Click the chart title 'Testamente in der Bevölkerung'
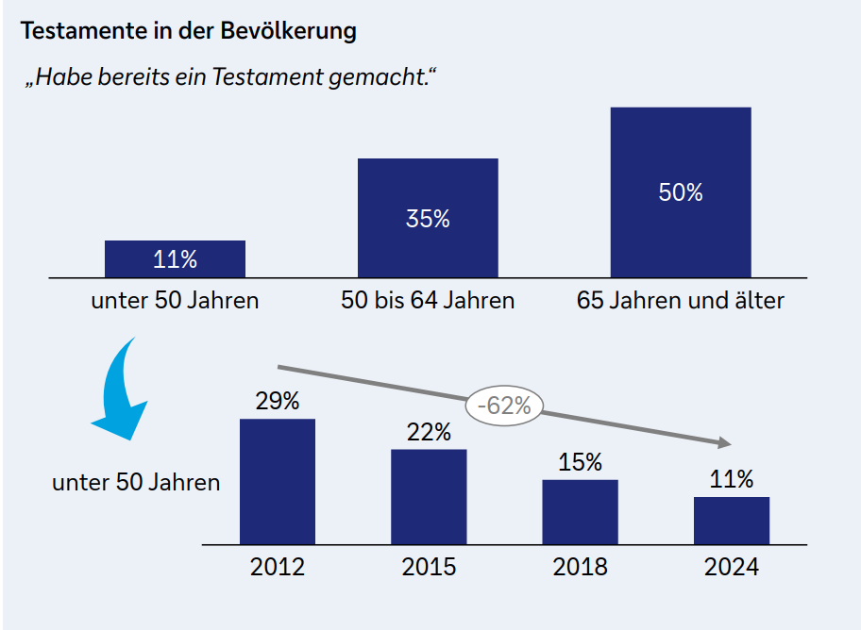189,31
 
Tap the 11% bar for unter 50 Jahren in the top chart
175,258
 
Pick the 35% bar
428,218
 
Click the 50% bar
681,191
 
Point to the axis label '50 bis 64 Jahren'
428,302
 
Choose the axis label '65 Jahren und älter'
681,302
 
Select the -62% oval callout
505,406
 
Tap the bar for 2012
278,481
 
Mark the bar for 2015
429,496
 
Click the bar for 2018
580,511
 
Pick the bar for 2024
732,520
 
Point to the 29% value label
278,401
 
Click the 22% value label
429,432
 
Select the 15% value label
580,463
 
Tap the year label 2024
732,567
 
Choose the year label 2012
278,567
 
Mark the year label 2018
580,567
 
